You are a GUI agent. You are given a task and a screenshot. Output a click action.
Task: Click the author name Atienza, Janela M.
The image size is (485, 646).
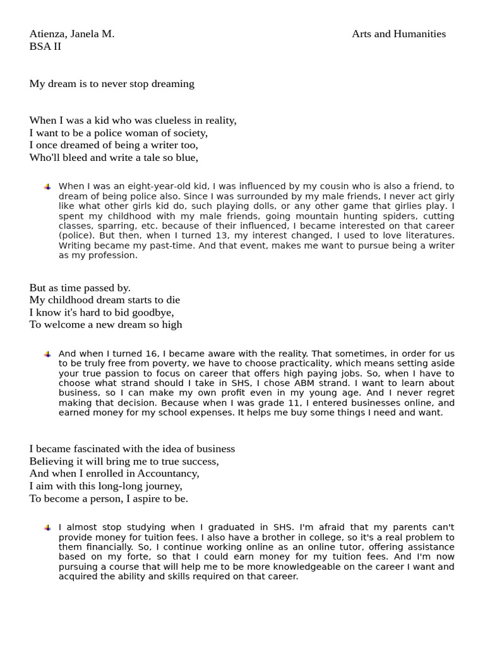coord(71,34)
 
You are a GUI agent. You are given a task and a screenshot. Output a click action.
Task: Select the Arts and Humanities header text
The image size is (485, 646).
coord(398,34)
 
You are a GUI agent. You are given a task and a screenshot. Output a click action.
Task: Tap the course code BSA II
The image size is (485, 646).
coord(45,47)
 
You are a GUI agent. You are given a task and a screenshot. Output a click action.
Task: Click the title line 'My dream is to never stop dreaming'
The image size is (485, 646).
coord(112,84)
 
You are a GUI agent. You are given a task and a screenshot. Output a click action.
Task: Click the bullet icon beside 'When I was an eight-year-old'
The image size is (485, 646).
coord(47,187)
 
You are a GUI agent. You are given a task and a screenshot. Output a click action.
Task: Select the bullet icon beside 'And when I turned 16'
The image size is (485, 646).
coord(47,355)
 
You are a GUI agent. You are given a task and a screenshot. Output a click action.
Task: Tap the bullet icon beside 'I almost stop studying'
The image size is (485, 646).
coord(47,528)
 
